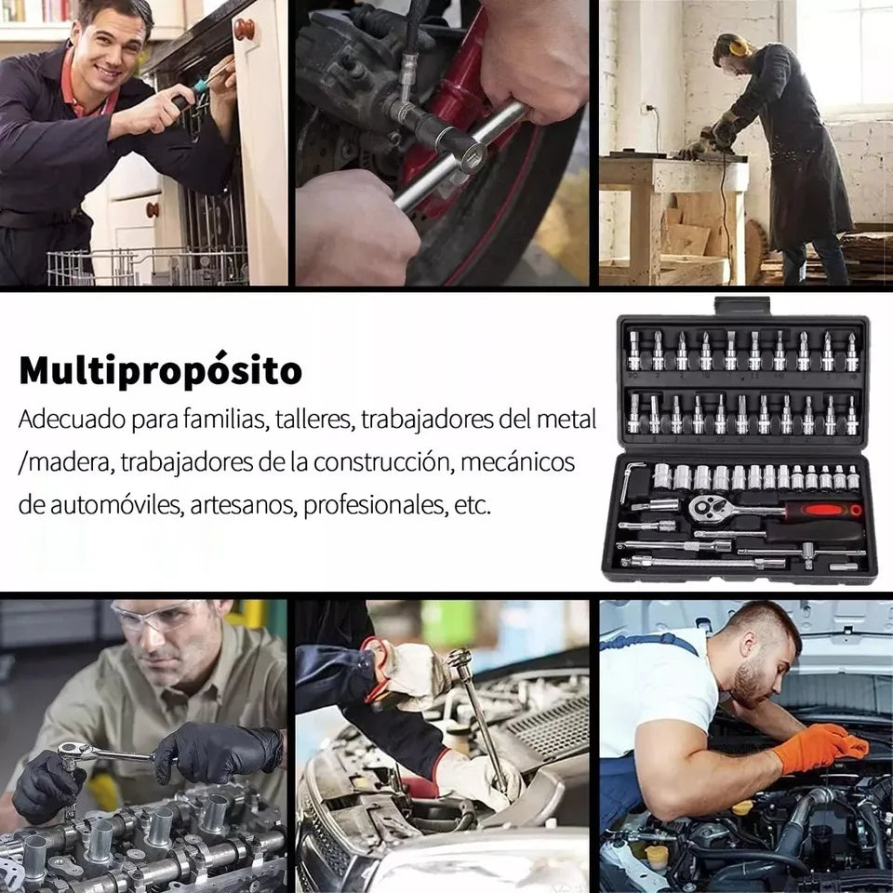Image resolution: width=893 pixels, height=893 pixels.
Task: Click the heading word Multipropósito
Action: tap(160, 371)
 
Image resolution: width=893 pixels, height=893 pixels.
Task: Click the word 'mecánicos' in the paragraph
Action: tap(518, 462)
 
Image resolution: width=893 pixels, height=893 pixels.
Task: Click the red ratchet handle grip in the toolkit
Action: tap(823, 510)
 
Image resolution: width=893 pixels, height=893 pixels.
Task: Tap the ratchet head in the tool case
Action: tap(705, 507)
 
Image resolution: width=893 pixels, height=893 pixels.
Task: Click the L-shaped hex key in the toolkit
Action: tap(631, 482)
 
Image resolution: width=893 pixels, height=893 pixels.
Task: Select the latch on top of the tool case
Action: tap(741, 306)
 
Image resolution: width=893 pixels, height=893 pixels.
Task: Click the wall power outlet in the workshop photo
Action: tap(645, 108)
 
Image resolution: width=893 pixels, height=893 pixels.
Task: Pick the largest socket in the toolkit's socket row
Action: tap(661, 476)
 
